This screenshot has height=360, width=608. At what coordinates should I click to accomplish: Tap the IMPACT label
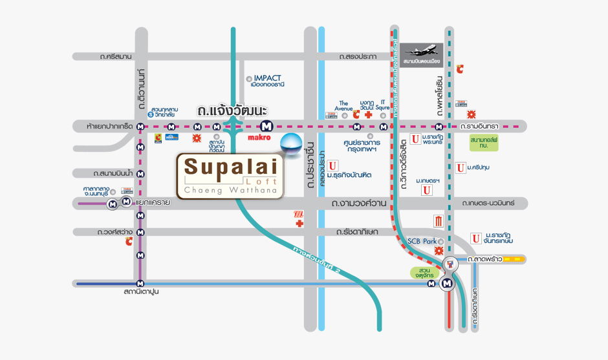(x=268, y=78)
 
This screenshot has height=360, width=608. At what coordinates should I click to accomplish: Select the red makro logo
(x=258, y=137)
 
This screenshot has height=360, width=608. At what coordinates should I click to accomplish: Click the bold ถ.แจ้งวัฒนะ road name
(x=232, y=112)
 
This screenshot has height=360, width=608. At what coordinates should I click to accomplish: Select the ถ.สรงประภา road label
(x=358, y=57)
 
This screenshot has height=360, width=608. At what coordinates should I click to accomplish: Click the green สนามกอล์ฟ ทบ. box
(x=484, y=143)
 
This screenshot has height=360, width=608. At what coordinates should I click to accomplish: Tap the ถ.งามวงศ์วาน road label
(x=359, y=204)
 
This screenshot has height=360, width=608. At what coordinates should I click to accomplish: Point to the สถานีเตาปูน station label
(x=141, y=292)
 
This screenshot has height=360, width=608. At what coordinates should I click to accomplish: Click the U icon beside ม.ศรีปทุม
(x=460, y=168)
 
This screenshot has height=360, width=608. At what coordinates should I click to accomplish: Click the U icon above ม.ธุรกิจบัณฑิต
(x=332, y=165)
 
